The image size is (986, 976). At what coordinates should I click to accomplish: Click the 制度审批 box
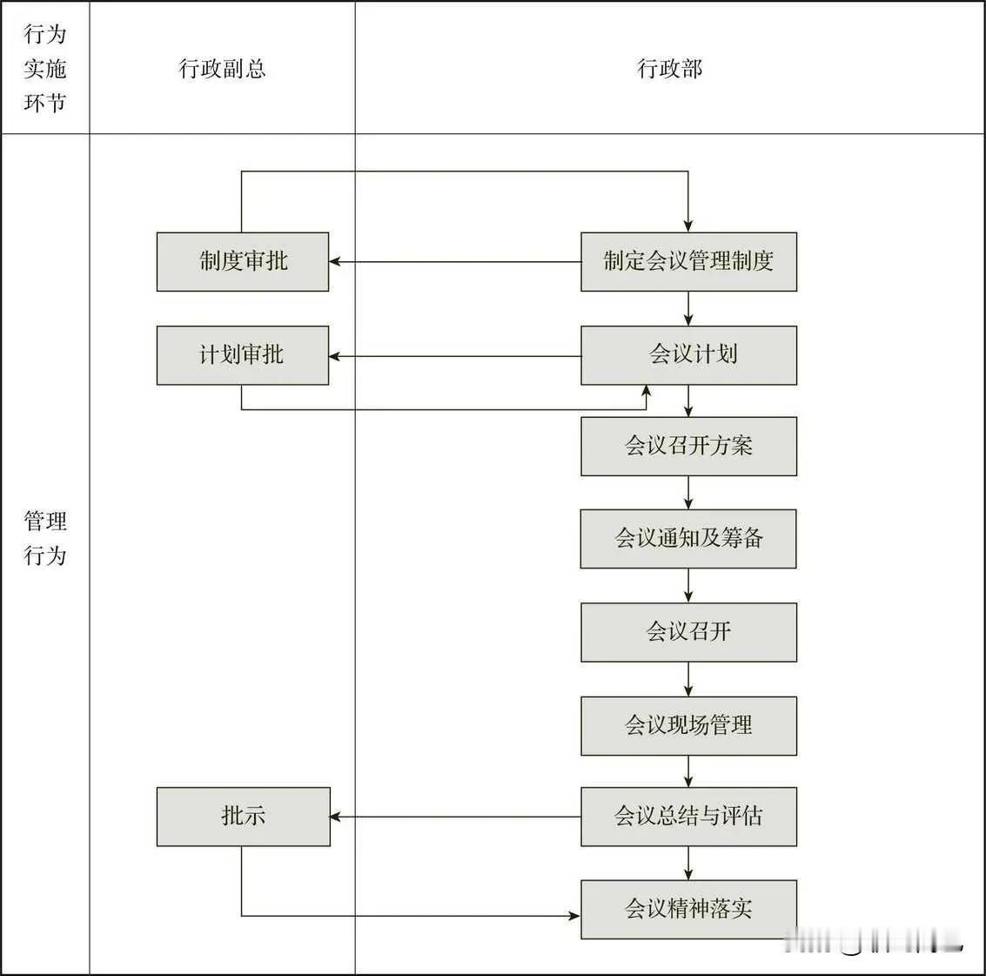(x=243, y=261)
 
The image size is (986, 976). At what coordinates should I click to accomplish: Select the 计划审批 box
(x=243, y=355)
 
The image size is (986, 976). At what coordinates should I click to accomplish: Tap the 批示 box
(x=244, y=817)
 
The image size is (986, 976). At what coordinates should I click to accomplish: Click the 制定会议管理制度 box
(x=688, y=261)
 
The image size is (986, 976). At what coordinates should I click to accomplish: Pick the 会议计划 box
(x=688, y=355)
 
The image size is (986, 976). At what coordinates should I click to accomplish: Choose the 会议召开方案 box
(x=688, y=447)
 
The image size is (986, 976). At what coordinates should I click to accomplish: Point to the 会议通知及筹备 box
(x=688, y=539)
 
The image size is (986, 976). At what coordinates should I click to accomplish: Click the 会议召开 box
(x=688, y=632)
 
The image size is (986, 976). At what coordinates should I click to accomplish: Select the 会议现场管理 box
(x=688, y=725)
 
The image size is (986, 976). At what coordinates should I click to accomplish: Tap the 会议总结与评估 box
(x=688, y=817)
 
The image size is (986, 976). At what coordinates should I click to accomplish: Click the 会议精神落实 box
(x=688, y=909)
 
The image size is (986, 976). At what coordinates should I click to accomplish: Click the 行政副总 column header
(x=222, y=69)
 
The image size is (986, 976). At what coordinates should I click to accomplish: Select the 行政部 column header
(x=669, y=69)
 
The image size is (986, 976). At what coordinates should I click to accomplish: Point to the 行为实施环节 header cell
(x=44, y=69)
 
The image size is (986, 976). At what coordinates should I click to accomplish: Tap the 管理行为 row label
(x=44, y=538)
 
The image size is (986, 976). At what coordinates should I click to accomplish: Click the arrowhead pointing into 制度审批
(x=336, y=261)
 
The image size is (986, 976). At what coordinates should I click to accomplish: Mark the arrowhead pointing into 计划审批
(x=336, y=356)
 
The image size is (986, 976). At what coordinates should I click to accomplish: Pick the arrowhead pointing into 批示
(x=338, y=817)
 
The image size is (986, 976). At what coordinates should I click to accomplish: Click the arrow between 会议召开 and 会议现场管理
(x=688, y=680)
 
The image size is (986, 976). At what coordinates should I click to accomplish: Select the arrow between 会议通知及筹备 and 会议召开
(x=688, y=586)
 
